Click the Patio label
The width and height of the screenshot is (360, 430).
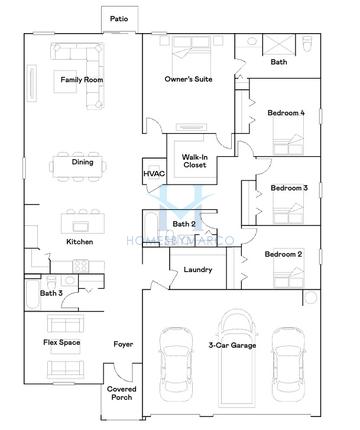coord(119,19)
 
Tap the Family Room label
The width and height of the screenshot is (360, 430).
coord(82,80)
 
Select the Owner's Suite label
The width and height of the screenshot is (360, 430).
coord(188,79)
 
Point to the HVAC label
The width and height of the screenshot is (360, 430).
coord(154,174)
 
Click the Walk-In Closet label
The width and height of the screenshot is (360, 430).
coord(195,161)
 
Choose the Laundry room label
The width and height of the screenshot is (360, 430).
coord(198,269)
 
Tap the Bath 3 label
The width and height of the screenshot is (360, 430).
coord(51,293)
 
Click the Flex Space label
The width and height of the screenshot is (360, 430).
coord(62,342)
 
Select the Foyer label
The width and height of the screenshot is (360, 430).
coord(123,344)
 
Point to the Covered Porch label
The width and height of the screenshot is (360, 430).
coord(122,393)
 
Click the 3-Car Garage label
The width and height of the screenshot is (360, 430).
coord(232,345)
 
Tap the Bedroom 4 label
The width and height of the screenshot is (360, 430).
coord(286,113)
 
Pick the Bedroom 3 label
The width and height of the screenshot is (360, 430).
coord(289,188)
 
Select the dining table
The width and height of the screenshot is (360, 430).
coord(78,166)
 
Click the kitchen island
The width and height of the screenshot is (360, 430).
coord(83,223)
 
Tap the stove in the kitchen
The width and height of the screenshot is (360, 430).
coord(81,266)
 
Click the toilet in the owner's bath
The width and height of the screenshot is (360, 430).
coord(307,44)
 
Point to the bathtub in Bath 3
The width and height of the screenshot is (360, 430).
coord(33,295)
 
